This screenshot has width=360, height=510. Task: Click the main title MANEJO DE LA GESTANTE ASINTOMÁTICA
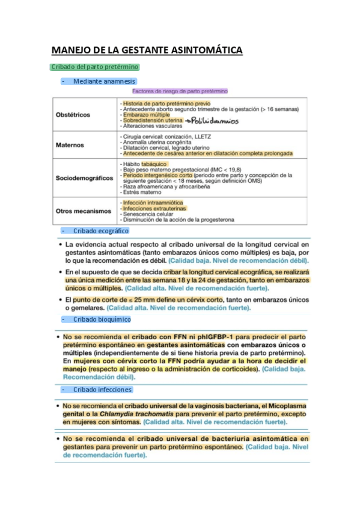(147, 50)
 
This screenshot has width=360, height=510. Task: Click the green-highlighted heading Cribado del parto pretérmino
(95, 67)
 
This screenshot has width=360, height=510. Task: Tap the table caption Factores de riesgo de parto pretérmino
(180, 91)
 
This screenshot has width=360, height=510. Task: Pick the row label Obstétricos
(73, 114)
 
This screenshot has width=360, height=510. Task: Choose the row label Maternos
(70, 145)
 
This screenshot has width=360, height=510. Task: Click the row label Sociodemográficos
(84, 178)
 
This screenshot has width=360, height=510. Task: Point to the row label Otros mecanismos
(84, 211)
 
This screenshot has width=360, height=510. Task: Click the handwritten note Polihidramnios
(212, 120)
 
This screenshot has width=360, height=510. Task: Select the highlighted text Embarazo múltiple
(146, 114)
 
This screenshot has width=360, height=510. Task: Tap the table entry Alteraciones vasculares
(151, 126)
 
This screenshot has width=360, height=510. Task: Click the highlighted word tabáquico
(154, 164)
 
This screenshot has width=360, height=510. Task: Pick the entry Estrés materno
(142, 192)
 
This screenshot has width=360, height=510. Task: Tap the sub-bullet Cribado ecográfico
(100, 230)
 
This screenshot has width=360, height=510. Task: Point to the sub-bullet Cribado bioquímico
(102, 319)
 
